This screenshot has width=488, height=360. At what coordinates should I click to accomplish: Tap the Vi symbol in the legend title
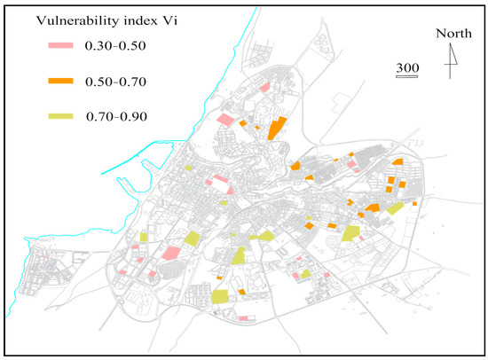point(160,20)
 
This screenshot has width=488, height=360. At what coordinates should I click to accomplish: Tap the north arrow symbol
point(452,62)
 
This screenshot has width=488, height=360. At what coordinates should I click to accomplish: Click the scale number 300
point(407,68)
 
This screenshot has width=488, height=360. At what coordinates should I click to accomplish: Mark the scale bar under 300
point(407,77)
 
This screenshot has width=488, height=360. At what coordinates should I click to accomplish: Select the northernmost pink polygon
point(265,87)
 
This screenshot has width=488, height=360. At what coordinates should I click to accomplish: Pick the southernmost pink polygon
point(243,317)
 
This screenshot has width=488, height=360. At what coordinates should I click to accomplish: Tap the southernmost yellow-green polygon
point(219,296)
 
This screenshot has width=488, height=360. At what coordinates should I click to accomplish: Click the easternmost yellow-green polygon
point(395,207)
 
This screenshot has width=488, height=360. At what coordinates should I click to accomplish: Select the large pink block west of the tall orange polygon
point(224,120)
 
